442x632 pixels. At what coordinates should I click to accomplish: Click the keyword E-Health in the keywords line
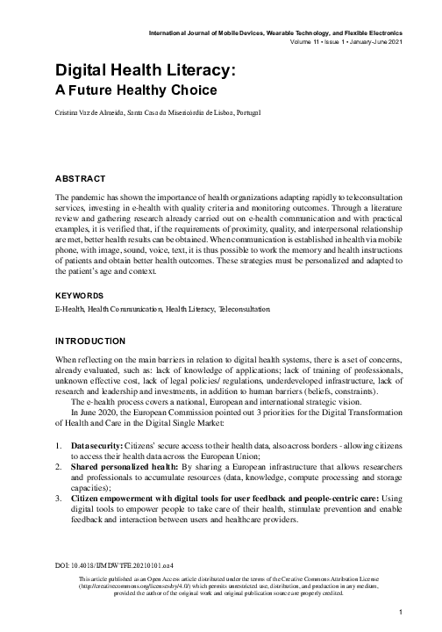pyautogui.click(x=68, y=310)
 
